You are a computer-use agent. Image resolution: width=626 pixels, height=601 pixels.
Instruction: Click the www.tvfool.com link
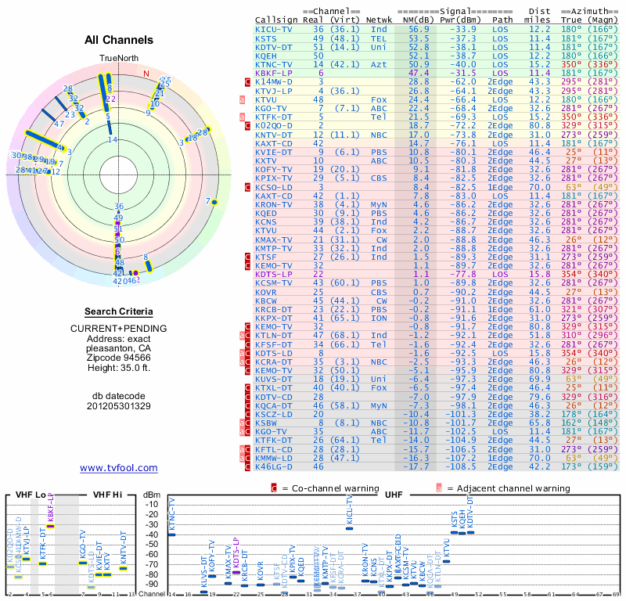click(118, 468)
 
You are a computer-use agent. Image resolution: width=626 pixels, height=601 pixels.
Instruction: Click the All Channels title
click(118, 40)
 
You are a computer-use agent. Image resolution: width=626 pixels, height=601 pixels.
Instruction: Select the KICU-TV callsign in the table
click(275, 29)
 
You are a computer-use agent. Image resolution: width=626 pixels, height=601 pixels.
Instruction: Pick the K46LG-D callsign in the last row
click(275, 466)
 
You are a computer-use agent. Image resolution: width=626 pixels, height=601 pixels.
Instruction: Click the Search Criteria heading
click(119, 311)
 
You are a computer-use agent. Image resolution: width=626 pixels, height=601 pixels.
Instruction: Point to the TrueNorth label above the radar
click(118, 59)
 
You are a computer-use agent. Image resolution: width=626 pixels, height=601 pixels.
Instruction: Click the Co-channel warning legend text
click(322, 488)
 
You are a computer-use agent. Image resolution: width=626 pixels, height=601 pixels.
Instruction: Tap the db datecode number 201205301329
click(118, 406)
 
